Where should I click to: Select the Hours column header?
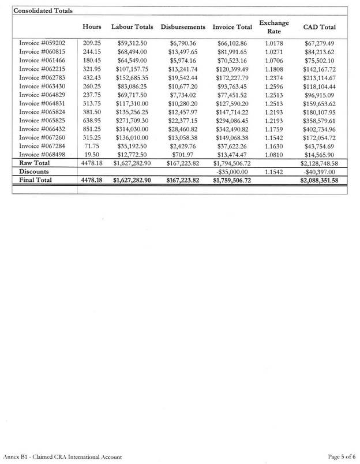(92, 27)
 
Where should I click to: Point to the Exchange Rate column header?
(274, 27)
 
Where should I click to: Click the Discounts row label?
(35, 172)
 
